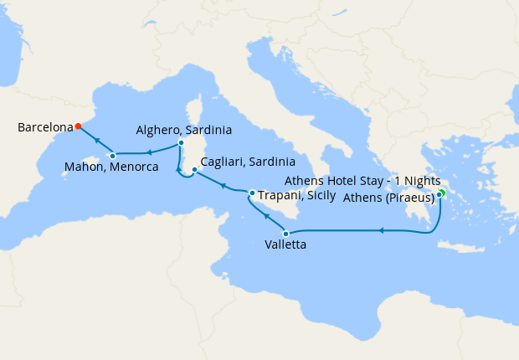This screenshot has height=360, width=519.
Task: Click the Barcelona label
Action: click(44, 128)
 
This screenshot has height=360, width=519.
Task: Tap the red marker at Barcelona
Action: click(78, 126)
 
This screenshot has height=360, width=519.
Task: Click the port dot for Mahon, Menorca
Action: click(112, 156)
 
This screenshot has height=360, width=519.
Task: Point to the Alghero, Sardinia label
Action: click(184, 131)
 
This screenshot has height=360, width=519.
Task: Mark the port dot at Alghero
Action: click(181, 143)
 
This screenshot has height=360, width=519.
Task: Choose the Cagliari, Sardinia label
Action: click(248, 162)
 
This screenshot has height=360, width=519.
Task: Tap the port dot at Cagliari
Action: click(194, 170)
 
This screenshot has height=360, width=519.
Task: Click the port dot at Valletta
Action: click(286, 234)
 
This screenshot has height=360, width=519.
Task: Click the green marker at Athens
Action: click(441, 193)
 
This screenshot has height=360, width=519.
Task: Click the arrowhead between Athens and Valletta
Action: click(381, 230)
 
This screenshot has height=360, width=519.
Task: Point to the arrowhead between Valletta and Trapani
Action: click(266, 216)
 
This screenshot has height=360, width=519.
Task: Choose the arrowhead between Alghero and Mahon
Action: click(148, 152)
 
